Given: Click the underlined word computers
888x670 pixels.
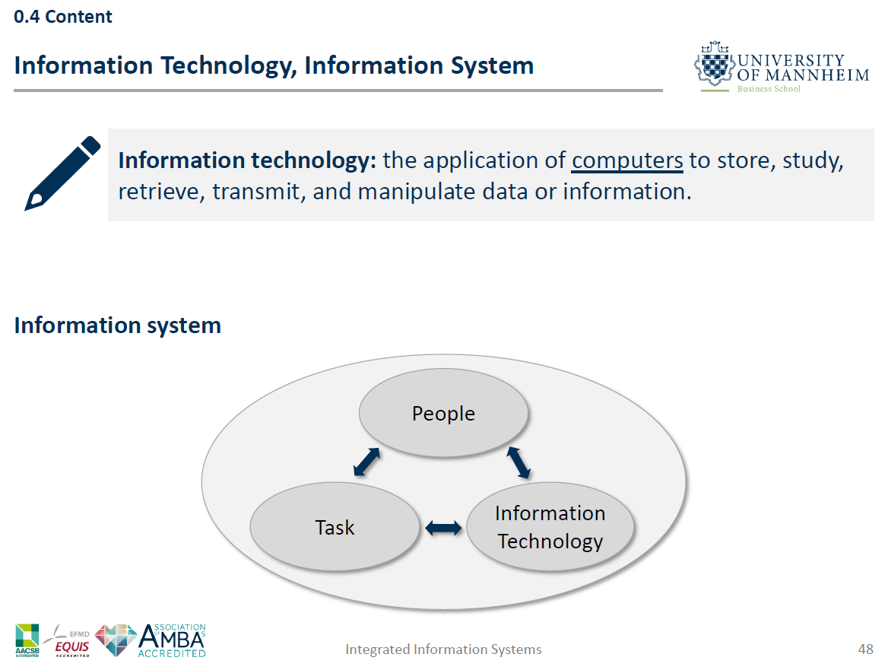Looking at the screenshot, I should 627,160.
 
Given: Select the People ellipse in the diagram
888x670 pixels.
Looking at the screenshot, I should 443,414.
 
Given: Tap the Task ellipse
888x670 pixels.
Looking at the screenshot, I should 335,527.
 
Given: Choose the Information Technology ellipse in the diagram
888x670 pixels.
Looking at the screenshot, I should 550,527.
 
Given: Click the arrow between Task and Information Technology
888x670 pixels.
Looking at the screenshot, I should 443,527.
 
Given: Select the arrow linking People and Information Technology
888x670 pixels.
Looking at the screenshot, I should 519,462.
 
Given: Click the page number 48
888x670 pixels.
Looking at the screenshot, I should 865,649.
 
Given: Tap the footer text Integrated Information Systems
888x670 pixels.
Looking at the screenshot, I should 443,649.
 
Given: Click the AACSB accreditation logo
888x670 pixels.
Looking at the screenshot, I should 27,640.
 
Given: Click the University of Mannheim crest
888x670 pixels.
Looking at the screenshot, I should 712,65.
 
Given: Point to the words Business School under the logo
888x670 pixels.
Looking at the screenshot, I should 769,89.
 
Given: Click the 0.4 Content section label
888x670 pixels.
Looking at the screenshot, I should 63,17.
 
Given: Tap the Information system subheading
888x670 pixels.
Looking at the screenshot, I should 118,325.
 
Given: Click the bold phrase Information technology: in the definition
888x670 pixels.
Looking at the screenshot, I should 247,160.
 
